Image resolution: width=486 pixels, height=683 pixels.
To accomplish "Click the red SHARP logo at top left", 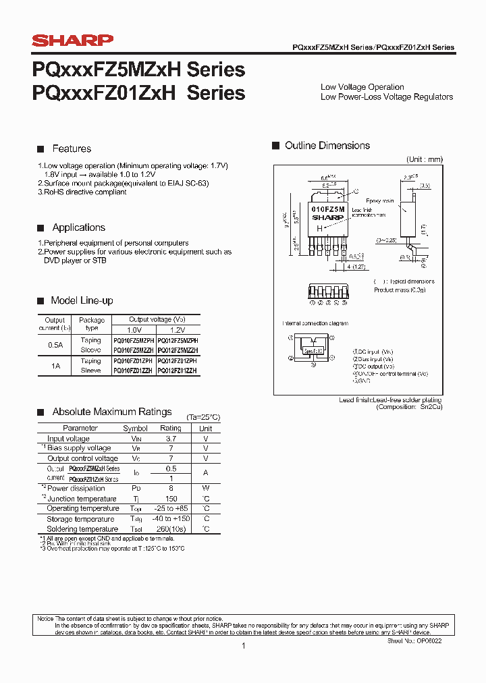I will (73, 41).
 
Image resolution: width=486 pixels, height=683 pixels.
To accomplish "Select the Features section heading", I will (72, 148).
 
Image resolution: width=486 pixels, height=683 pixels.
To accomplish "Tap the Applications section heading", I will (78, 227).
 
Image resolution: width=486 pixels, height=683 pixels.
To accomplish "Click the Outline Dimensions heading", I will (327, 146).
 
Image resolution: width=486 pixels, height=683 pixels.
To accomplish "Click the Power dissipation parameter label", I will (76, 488).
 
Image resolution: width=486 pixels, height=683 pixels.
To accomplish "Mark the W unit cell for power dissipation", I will (206, 488).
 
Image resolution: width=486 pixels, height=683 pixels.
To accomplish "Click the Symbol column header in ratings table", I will (135, 429).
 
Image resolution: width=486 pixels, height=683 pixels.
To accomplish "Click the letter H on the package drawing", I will (319, 228).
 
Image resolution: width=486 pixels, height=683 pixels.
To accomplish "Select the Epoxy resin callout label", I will (379, 201).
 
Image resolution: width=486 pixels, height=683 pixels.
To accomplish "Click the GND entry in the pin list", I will (362, 381).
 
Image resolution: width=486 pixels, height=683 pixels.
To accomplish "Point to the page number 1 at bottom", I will (243, 646).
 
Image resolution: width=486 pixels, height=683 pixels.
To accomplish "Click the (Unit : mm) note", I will (424, 159).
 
